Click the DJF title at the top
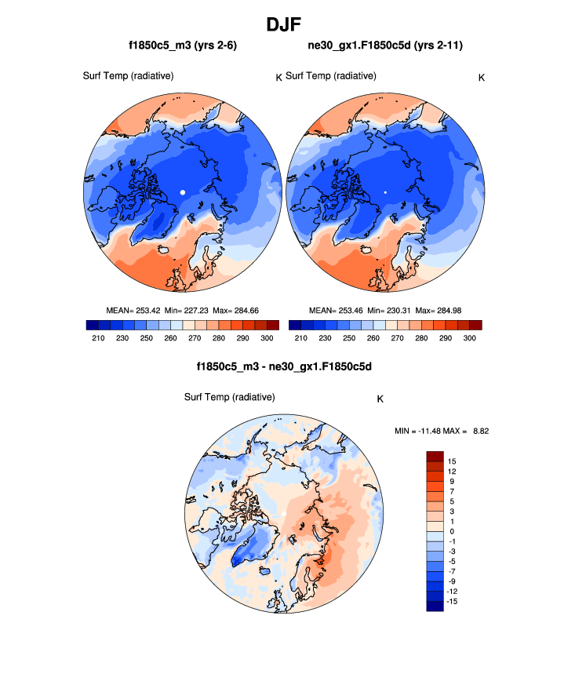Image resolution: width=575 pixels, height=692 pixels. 287,24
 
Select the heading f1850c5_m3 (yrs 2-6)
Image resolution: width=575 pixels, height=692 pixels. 183,46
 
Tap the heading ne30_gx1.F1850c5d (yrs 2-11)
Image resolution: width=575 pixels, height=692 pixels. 385,46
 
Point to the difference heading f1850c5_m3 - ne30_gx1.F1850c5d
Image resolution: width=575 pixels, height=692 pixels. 283,366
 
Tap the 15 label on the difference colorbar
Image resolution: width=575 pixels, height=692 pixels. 452,461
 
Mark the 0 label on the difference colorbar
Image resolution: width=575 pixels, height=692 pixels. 449,531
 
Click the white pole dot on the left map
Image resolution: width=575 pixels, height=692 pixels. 182,191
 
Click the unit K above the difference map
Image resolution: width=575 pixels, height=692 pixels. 380,399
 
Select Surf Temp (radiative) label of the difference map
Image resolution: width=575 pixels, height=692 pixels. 229,397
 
